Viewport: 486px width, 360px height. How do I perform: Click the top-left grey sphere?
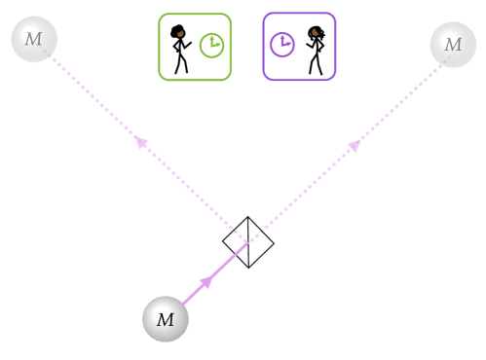click(x=34, y=40)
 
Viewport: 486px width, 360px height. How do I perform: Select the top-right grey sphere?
click(x=453, y=45)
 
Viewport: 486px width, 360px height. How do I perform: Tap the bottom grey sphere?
click(x=166, y=319)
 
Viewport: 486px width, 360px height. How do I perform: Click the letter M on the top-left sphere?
click(x=34, y=40)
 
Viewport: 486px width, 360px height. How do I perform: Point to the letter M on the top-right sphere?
click(x=453, y=45)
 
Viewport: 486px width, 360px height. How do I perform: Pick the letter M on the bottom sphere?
click(x=166, y=319)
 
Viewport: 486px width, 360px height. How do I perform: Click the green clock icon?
click(x=211, y=46)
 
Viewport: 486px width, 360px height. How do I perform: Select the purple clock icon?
click(x=281, y=45)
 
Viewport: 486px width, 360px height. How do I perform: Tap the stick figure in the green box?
click(x=180, y=49)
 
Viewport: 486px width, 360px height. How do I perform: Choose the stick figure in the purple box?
click(x=315, y=50)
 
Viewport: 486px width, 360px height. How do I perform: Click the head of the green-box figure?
click(x=178, y=31)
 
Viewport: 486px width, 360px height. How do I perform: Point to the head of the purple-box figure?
click(x=316, y=32)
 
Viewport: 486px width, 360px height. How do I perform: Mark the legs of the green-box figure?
click(x=180, y=63)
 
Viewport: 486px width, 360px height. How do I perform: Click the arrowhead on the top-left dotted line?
click(x=142, y=142)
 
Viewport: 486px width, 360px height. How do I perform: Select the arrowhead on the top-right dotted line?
click(x=355, y=145)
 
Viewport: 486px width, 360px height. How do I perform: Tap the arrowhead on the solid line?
click(x=206, y=282)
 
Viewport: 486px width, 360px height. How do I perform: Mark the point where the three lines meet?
click(x=246, y=241)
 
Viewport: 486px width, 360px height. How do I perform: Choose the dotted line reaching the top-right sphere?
click(x=399, y=102)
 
